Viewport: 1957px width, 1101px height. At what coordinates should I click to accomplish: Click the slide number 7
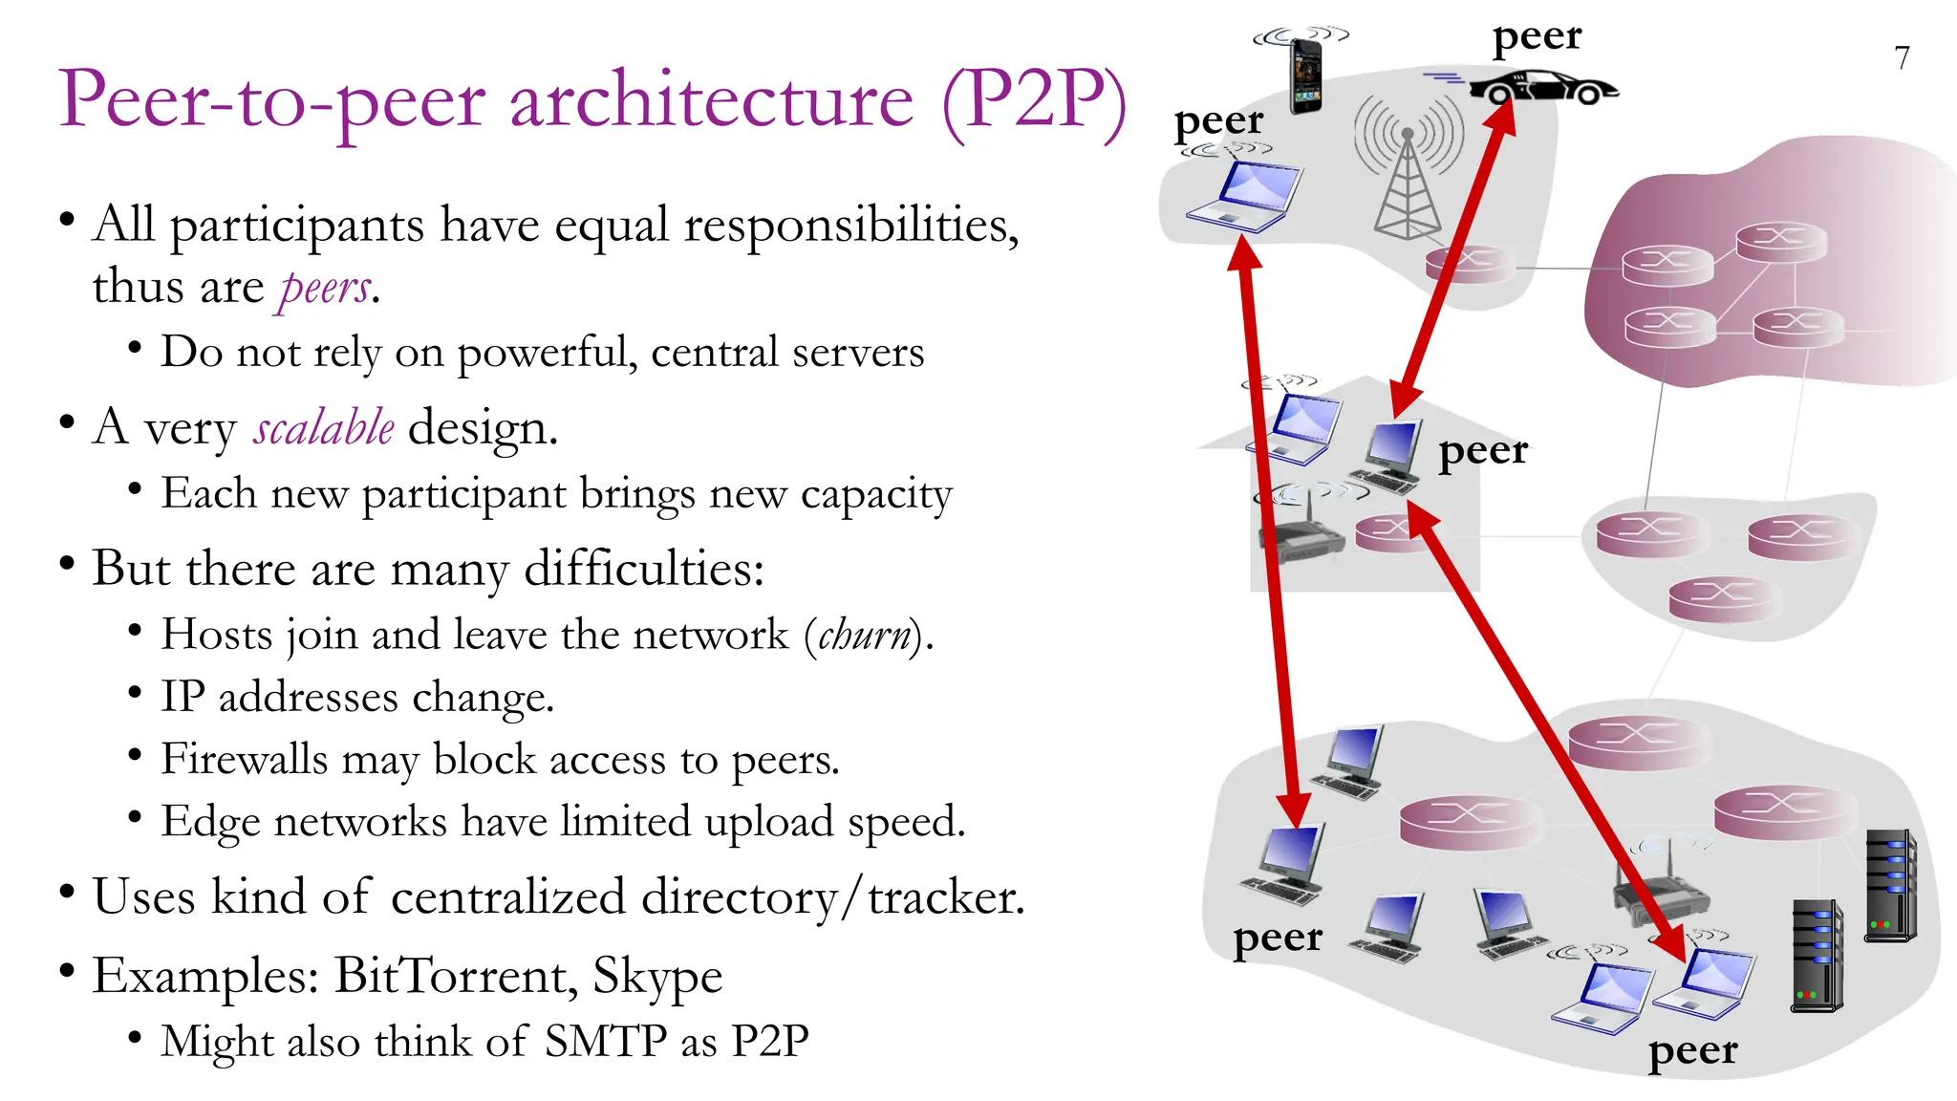point(1902,59)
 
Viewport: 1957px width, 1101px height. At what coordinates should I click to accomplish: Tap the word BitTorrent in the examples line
point(454,977)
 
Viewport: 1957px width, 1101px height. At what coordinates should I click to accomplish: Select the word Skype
point(657,977)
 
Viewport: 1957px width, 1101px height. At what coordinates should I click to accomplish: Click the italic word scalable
point(324,427)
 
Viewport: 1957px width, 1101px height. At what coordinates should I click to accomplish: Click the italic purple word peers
point(325,288)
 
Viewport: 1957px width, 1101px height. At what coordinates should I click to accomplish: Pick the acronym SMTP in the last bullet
point(605,1042)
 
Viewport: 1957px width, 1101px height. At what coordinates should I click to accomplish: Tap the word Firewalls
point(244,760)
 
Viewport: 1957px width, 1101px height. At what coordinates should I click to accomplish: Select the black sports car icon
point(1543,88)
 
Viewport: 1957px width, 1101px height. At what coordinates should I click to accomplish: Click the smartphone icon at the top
point(1305,76)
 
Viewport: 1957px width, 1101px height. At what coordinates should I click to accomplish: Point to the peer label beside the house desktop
point(1483,451)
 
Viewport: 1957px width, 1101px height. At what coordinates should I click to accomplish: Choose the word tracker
point(945,897)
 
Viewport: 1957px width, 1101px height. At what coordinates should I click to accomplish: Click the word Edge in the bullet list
point(210,822)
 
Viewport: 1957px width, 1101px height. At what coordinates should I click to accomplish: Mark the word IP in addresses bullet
point(183,697)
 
